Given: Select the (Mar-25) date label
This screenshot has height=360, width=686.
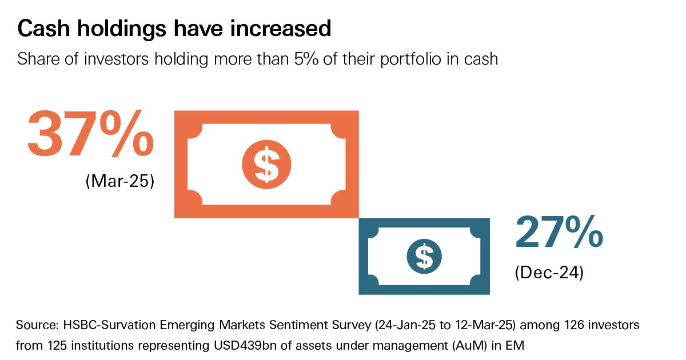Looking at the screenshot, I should tap(120, 182).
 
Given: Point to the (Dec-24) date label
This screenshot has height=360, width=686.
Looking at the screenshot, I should tap(549, 273).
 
